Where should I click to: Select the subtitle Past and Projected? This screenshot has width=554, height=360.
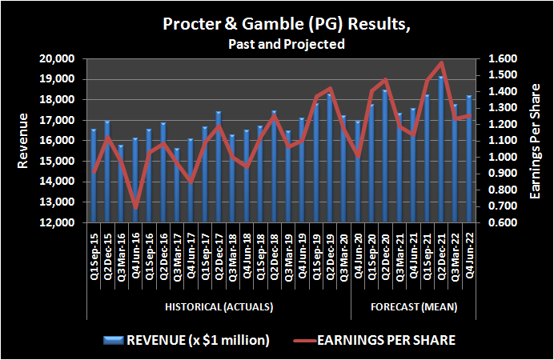point(276,44)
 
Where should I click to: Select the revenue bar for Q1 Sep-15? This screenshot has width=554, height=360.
point(94,176)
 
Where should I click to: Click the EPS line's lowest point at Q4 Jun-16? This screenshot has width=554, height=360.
point(135,206)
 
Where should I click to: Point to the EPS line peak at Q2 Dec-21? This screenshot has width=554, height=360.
point(441,63)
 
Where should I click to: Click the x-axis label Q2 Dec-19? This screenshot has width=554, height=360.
point(329,256)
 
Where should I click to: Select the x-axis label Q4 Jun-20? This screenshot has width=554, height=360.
point(357,256)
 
